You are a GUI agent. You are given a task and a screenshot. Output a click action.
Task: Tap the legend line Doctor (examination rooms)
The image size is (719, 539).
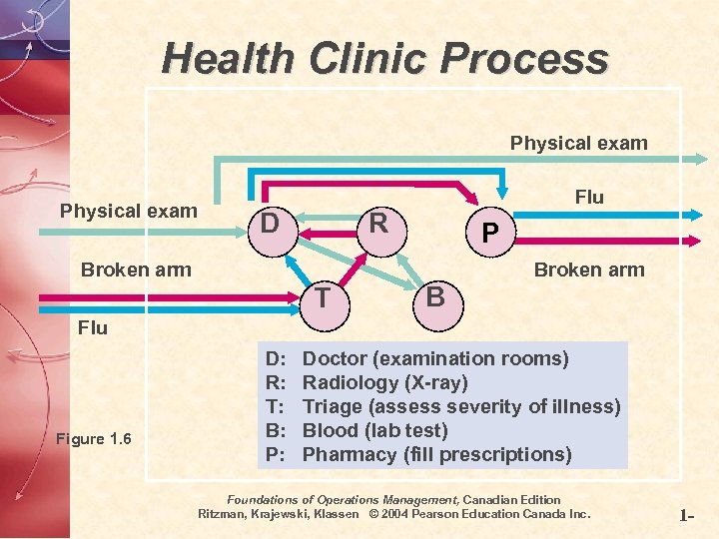pos(435,358)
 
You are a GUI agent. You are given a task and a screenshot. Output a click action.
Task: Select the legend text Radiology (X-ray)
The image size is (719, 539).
pos(384,382)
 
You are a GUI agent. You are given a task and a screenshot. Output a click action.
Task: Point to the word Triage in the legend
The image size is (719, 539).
pos(335,406)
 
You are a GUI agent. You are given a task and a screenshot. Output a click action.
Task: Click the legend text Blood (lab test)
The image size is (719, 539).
pos(374,430)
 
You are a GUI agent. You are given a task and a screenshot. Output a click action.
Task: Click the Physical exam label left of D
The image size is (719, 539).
pos(129,211)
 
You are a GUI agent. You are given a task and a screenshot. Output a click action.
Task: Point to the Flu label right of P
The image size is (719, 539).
pos(589,197)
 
